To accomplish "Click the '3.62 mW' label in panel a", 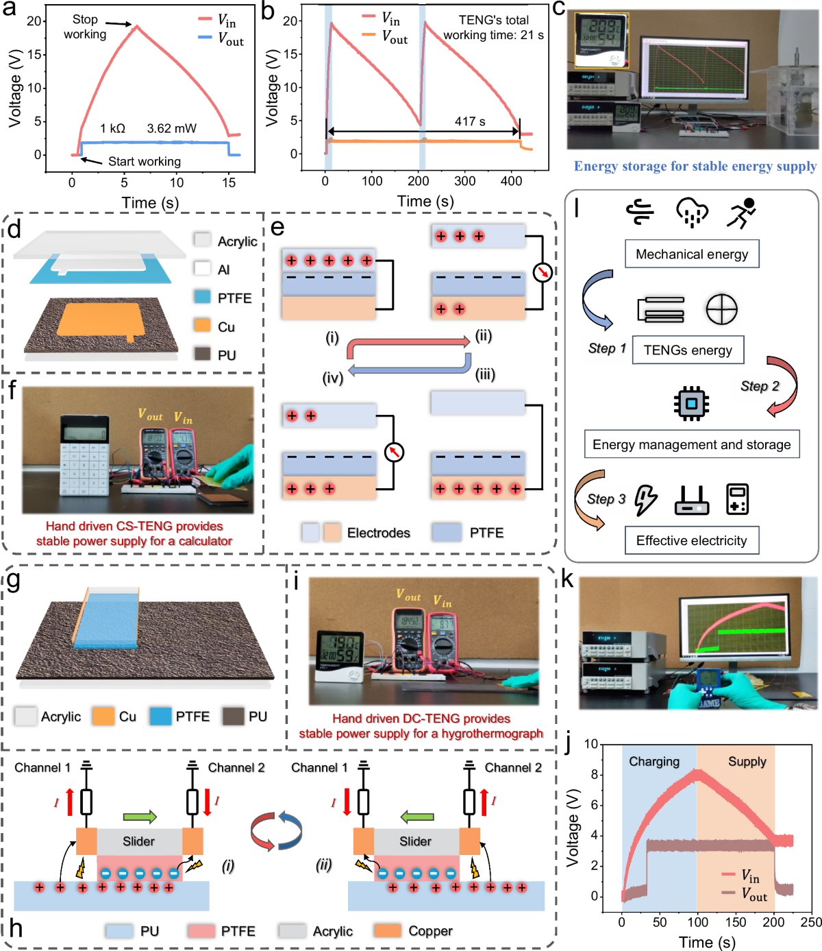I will [171, 128].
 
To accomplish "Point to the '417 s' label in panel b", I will [470, 121].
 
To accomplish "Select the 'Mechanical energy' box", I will [692, 254].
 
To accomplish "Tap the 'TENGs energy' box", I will [688, 350].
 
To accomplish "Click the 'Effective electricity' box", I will [691, 540].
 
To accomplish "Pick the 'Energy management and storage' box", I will [691, 444].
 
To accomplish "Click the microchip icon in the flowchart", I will [691, 402].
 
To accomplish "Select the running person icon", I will [741, 213].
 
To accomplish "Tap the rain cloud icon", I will [692, 213].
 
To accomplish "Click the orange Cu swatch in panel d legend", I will [202, 326].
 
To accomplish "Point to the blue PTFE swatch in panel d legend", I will [202, 297].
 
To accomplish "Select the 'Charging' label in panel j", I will [654, 762].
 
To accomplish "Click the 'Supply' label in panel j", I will [747, 762].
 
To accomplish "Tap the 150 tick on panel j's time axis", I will [736, 922].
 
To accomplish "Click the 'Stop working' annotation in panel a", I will [85, 27].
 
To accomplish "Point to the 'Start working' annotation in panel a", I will [145, 162].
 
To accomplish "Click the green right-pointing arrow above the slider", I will [140, 817].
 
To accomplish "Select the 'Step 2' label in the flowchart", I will [760, 386].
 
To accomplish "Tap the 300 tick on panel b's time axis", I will [465, 181].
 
